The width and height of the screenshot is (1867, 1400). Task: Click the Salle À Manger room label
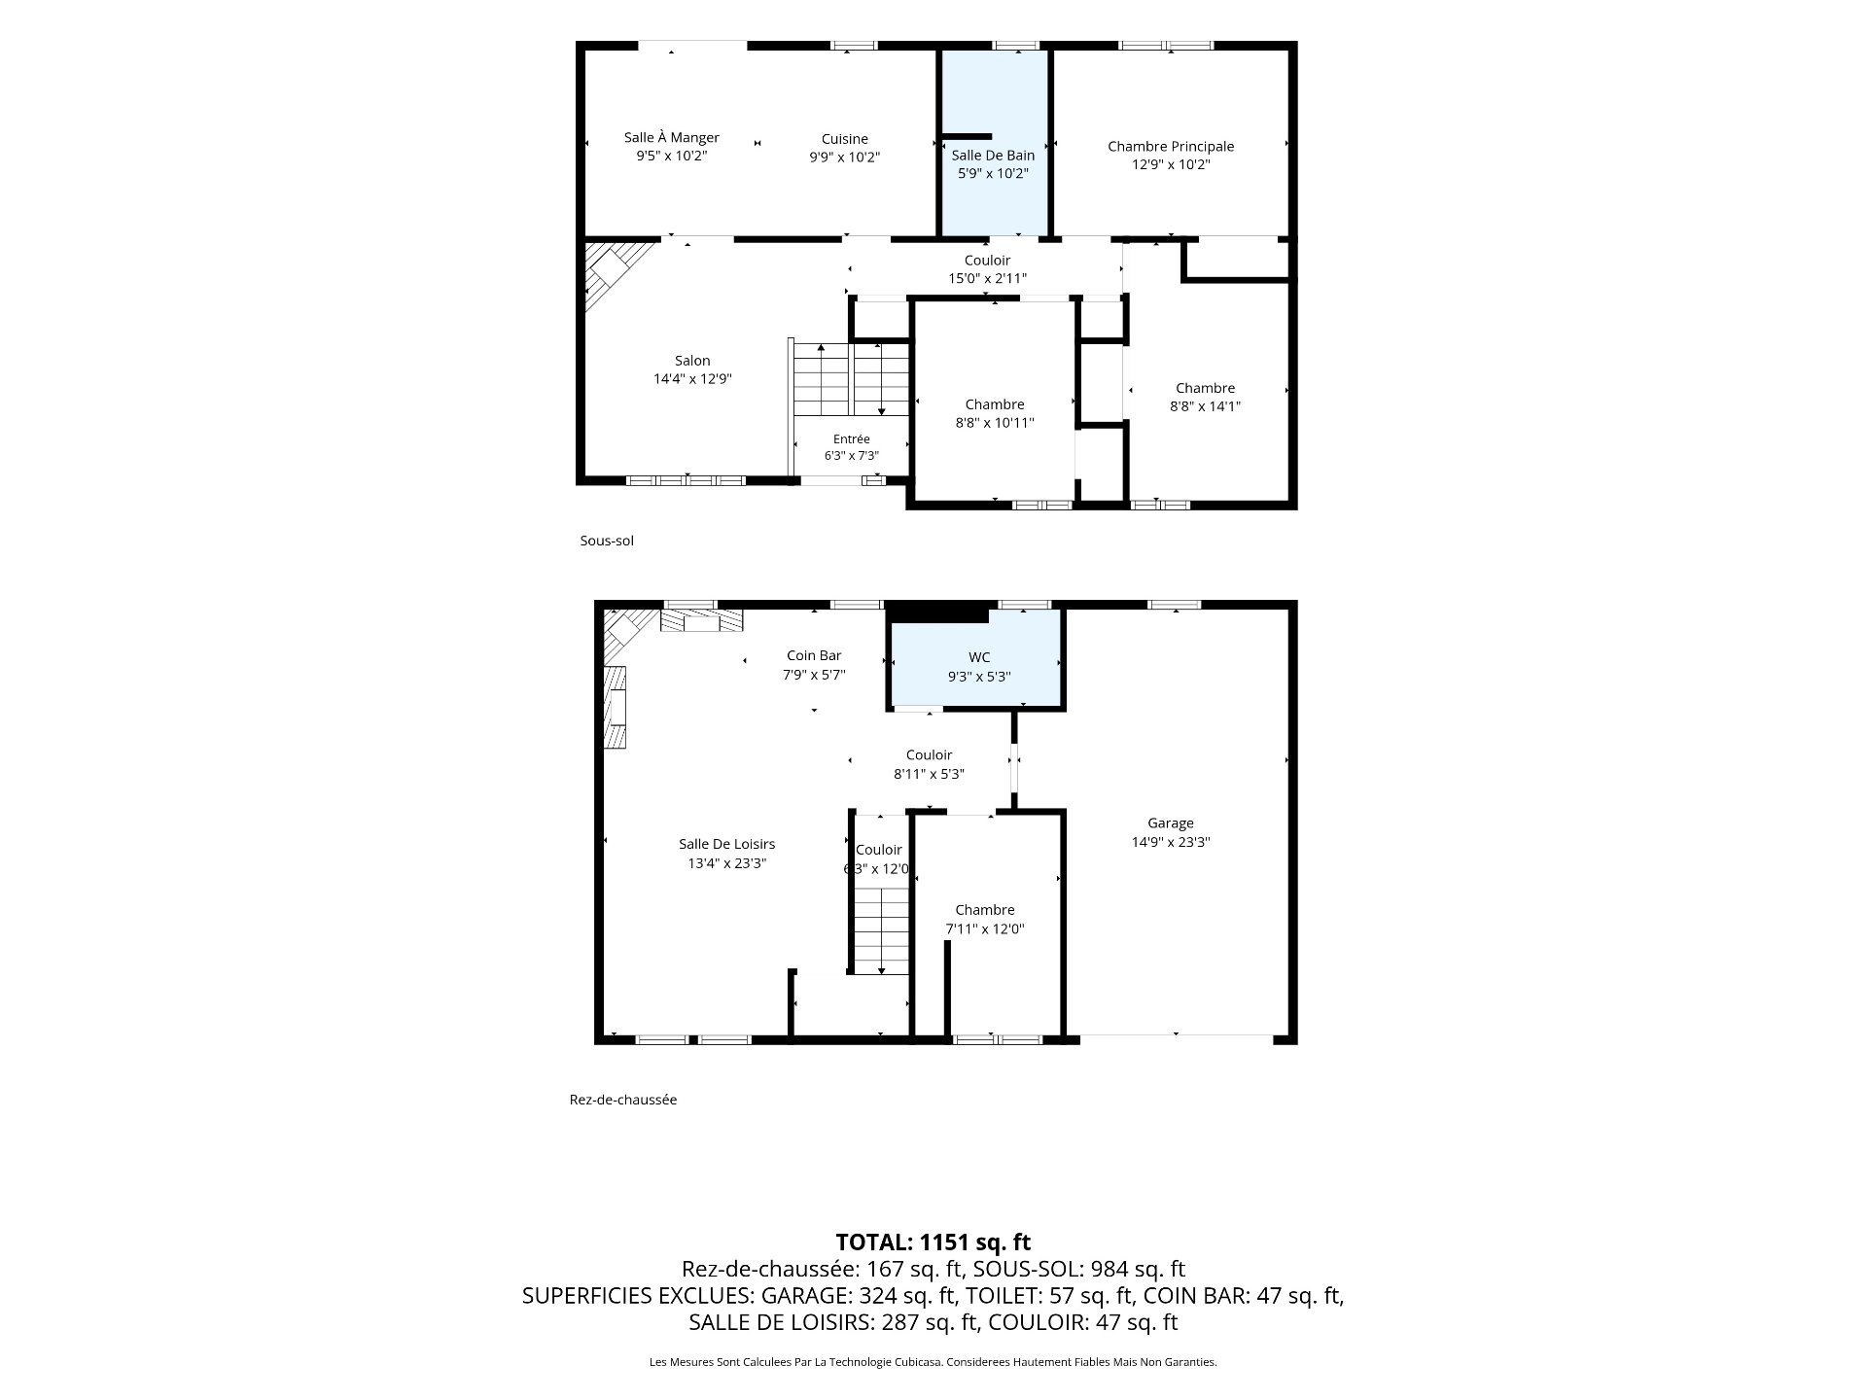click(672, 138)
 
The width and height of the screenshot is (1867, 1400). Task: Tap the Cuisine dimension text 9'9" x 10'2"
click(844, 157)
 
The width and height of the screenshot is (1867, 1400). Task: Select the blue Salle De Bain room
click(994, 143)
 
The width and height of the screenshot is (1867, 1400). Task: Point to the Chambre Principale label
click(1171, 146)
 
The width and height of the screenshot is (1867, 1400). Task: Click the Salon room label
click(692, 361)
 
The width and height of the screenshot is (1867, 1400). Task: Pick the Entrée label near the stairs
click(852, 439)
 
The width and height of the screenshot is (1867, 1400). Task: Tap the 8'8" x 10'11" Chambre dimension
click(995, 423)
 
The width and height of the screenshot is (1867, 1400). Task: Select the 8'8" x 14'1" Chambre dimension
click(1205, 406)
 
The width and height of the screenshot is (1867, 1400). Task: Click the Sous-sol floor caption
click(607, 541)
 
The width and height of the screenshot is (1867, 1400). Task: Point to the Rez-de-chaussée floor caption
click(623, 1100)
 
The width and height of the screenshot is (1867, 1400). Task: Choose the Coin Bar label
click(814, 656)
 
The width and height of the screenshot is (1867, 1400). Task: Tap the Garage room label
click(1170, 823)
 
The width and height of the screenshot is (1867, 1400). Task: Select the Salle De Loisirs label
click(726, 844)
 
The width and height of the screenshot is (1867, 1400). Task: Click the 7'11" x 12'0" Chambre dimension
click(985, 928)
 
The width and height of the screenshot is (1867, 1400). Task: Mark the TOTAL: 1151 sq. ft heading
click(933, 1242)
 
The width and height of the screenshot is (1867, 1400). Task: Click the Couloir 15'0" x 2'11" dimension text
click(987, 279)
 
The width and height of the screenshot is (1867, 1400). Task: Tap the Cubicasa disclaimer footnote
click(933, 1362)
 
